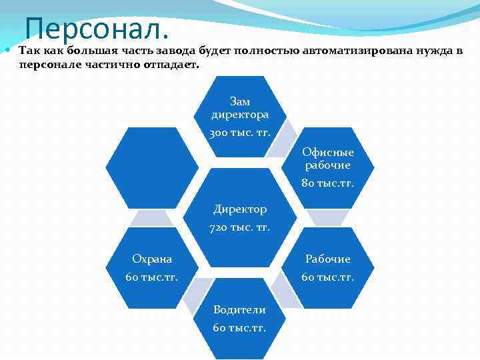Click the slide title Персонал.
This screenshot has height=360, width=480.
pyautogui.click(x=97, y=28)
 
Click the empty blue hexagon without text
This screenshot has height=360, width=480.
pyautogui.click(x=153, y=167)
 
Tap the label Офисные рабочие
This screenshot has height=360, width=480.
pyautogui.click(x=328, y=159)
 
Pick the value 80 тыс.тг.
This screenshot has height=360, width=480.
pyautogui.click(x=328, y=183)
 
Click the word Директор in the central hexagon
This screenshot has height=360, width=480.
pyautogui.click(x=240, y=209)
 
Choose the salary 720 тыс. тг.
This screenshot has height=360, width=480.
pyautogui.click(x=240, y=227)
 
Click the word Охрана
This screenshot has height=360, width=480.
pyautogui.click(x=152, y=259)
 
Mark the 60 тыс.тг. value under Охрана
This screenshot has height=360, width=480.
pyautogui.click(x=152, y=277)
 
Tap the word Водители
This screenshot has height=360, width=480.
pyautogui.click(x=240, y=309)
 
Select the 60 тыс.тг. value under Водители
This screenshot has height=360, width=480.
pyautogui.click(x=240, y=327)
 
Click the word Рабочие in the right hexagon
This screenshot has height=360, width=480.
pyautogui.click(x=328, y=259)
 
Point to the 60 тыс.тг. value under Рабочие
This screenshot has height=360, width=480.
pyautogui.click(x=328, y=277)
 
